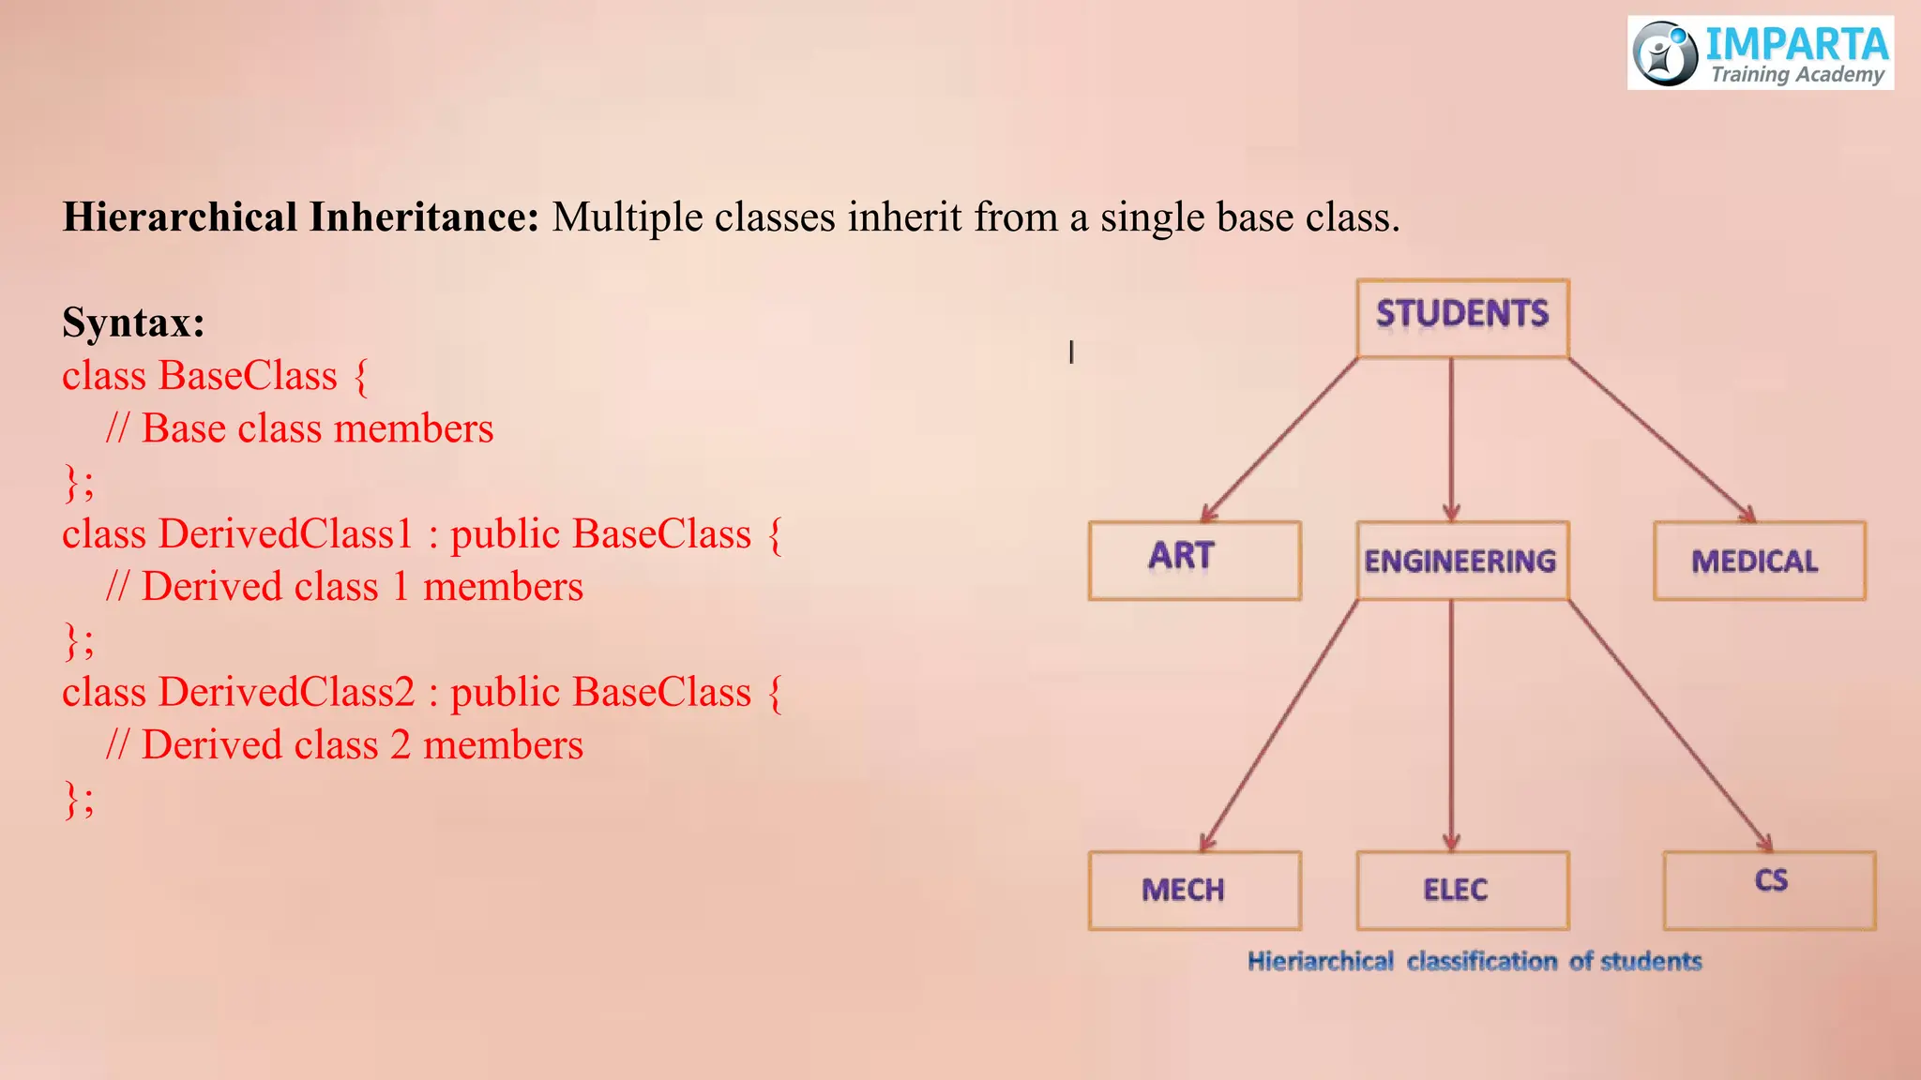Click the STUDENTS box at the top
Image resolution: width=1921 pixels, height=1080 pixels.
coord(1462,317)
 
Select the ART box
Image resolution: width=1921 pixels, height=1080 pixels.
coord(1194,560)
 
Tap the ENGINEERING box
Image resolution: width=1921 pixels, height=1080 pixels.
coord(1461,560)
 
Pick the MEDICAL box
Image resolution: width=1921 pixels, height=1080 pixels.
coord(1759,560)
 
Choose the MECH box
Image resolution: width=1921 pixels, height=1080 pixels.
coord(1194,890)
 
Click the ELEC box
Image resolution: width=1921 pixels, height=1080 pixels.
coord(1461,890)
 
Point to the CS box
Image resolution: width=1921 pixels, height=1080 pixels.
coord(1769,890)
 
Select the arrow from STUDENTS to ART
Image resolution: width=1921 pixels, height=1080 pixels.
coord(1280,439)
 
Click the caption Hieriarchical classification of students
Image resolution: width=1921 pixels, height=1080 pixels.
coord(1474,961)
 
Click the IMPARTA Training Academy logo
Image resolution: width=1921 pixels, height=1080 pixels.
coord(1760,52)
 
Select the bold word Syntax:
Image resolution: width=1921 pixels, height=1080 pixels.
coord(133,322)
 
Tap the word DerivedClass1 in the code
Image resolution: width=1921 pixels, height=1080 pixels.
coord(286,533)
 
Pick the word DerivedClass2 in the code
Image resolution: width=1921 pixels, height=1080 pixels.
coord(286,692)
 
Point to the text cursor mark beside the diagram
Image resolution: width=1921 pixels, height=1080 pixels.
coord(1071,352)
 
